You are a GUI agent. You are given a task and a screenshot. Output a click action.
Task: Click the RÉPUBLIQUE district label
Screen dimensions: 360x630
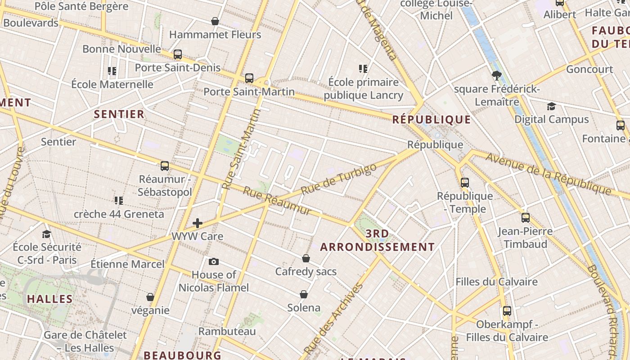click(x=431, y=120)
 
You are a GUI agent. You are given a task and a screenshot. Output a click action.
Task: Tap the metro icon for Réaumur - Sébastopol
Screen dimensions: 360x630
click(x=165, y=166)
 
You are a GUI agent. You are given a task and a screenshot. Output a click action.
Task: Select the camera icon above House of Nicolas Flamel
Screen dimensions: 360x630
click(x=214, y=261)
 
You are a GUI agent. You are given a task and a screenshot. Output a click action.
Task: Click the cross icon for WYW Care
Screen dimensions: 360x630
click(x=197, y=223)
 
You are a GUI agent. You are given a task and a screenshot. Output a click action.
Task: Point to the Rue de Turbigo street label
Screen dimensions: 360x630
click(x=338, y=179)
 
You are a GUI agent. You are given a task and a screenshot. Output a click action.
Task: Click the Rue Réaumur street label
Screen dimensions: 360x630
click(x=277, y=201)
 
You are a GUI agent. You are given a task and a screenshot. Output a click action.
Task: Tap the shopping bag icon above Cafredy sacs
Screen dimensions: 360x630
click(x=306, y=258)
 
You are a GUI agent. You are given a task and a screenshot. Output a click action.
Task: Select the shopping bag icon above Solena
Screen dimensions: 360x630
click(x=304, y=294)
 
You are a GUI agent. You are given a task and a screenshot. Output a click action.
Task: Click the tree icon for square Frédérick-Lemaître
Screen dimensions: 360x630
click(x=496, y=76)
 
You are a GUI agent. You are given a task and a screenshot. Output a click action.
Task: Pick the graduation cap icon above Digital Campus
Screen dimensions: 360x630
click(x=551, y=107)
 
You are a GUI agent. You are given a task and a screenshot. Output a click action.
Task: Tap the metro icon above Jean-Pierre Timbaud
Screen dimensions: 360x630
click(x=525, y=218)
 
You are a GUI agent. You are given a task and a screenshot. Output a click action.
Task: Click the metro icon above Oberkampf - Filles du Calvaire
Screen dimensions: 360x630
click(x=507, y=311)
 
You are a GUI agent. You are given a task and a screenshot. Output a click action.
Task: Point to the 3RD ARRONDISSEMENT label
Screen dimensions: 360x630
click(x=377, y=240)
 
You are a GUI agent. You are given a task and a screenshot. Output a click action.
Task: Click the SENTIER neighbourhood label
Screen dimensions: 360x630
click(x=119, y=114)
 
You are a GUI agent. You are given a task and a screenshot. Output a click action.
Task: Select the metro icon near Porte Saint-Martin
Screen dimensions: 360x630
click(x=249, y=78)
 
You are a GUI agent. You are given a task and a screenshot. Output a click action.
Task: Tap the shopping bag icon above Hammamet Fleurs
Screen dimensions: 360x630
click(x=215, y=21)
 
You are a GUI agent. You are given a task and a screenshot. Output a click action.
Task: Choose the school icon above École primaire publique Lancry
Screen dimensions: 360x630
click(x=363, y=69)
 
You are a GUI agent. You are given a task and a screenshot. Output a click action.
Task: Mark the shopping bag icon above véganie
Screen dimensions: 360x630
click(x=150, y=297)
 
